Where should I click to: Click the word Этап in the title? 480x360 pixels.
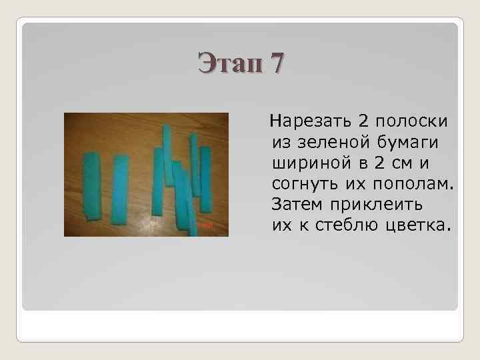227,64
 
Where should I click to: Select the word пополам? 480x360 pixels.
414,183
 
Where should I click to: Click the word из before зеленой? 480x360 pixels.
280,143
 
